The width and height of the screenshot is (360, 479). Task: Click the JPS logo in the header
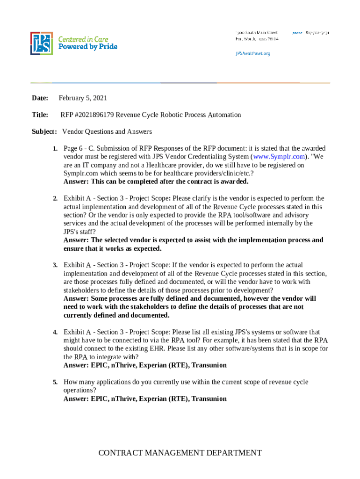point(41,43)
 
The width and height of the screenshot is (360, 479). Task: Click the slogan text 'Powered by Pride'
point(87,47)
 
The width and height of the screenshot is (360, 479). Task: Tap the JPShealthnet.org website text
point(252,53)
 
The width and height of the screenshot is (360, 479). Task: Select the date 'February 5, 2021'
point(83,98)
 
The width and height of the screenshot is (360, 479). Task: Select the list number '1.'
point(55,148)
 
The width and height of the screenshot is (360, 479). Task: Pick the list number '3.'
point(55,265)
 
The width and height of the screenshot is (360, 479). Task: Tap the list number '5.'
point(55,382)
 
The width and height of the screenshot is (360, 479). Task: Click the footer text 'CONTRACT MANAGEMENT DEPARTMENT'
point(180,452)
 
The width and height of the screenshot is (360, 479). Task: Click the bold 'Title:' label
point(40,115)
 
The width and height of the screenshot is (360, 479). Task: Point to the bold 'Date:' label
point(40,98)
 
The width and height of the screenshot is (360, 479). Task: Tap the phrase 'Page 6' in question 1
point(72,148)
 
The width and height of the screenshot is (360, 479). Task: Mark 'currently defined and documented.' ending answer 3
point(116,315)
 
